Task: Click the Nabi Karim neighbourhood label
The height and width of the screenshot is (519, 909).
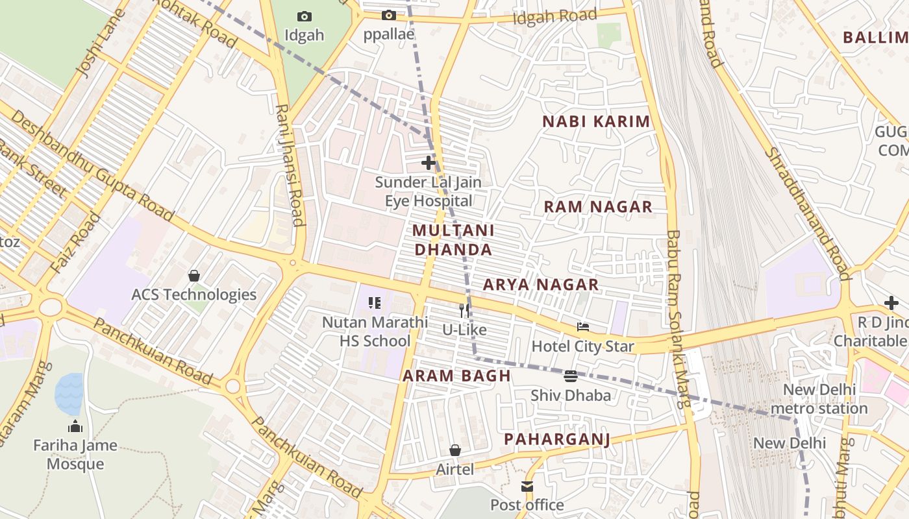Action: tap(596, 121)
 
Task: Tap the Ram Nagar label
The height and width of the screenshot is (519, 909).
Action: tap(597, 207)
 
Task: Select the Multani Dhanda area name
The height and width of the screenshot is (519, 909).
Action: tap(453, 240)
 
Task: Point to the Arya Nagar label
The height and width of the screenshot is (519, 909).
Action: tap(541, 285)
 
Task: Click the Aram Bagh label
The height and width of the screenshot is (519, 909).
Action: tap(456, 376)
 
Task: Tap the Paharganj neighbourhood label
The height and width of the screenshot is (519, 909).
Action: tap(557, 439)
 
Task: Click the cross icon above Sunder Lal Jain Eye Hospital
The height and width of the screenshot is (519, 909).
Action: tap(429, 162)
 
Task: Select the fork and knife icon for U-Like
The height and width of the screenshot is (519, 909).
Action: tap(464, 311)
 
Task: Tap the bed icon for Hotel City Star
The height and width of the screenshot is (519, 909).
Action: tap(582, 327)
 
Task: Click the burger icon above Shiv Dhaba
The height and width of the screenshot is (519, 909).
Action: tap(571, 376)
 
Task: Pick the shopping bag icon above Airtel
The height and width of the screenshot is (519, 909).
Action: tap(455, 450)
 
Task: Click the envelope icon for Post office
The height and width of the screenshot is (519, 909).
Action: tap(527, 486)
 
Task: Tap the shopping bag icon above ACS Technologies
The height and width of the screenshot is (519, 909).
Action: tap(193, 276)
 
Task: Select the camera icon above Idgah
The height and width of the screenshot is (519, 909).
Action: tap(304, 16)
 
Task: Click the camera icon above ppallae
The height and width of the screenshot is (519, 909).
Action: tap(388, 16)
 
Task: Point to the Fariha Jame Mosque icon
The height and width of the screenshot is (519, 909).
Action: tap(75, 426)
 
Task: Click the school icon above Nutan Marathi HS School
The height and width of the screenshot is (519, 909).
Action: tap(375, 303)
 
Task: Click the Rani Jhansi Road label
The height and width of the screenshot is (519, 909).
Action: tap(290, 165)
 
